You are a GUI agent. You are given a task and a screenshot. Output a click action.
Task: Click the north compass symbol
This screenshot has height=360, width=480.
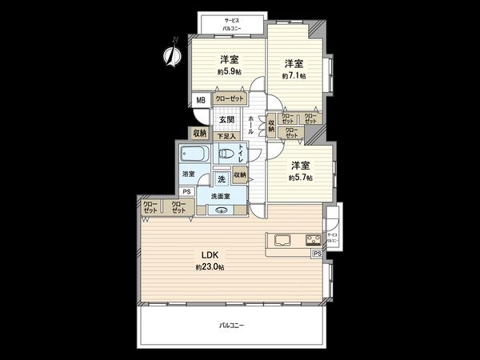click(170, 54)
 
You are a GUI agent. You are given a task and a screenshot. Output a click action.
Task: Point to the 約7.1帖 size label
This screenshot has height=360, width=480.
click(294, 76)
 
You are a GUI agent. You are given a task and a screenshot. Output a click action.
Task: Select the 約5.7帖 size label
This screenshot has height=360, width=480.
click(300, 177)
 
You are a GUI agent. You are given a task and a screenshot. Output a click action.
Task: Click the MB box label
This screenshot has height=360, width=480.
click(200, 99)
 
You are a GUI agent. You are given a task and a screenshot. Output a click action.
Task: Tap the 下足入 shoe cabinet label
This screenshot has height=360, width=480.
click(226, 136)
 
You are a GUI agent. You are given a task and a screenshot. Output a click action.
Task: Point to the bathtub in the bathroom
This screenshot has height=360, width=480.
click(194, 154)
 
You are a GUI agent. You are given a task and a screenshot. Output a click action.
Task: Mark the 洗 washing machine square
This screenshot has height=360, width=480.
click(220, 178)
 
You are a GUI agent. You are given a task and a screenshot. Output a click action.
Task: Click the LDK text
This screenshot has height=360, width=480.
click(210, 255)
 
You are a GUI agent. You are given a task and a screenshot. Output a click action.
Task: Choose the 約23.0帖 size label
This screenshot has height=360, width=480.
click(210, 266)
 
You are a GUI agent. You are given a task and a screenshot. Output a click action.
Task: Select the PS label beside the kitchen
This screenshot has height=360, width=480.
click(318, 254)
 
